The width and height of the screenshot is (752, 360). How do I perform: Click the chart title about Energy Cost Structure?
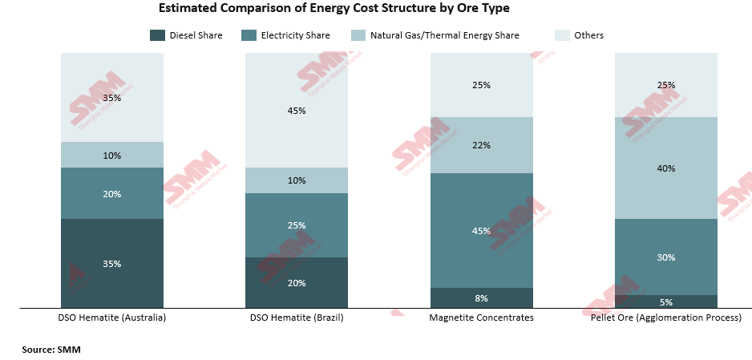334,9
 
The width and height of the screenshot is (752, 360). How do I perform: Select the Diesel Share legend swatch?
158,35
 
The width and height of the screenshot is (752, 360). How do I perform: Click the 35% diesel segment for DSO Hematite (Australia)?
112,263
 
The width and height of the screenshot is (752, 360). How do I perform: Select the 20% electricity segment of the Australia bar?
112,193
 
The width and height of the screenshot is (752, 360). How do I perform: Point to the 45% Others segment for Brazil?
296,111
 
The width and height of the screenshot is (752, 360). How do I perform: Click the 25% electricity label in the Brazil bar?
296,225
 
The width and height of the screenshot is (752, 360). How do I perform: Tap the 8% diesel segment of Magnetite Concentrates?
481,298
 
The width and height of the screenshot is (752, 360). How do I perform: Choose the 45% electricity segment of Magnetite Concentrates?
481,231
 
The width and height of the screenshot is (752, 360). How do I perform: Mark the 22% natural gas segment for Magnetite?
481,145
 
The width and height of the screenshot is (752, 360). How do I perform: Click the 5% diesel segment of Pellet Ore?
665,302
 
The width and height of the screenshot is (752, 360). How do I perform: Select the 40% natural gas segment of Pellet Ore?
665,168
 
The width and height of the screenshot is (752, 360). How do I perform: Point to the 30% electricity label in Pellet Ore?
665,257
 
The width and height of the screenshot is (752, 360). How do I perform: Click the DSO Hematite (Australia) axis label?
112,318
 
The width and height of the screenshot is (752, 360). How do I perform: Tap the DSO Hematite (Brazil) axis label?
296,318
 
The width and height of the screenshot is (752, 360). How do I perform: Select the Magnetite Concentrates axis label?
481,318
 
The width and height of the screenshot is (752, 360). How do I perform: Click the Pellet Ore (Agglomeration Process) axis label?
665,318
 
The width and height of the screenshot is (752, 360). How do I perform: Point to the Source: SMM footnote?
51,350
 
